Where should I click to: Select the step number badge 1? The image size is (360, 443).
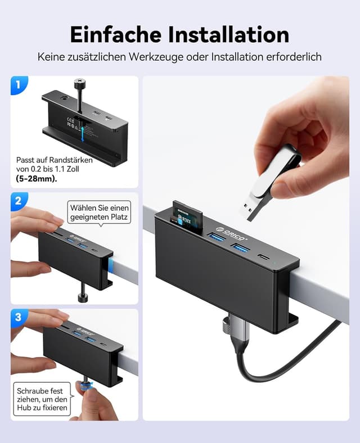point(18,85)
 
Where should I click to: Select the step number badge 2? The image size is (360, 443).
point(18,201)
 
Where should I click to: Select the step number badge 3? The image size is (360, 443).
point(18,317)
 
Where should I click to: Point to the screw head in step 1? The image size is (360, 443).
point(80,84)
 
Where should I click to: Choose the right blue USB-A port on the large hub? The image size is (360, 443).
point(240,247)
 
